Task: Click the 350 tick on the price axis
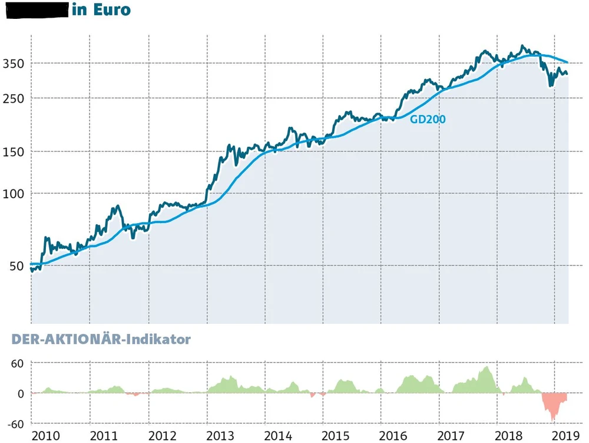pyautogui.click(x=14, y=63)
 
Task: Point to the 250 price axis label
pyautogui.click(x=14, y=98)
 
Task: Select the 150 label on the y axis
pyautogui.click(x=14, y=152)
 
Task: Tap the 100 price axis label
pyautogui.click(x=14, y=193)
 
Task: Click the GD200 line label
pyautogui.click(x=428, y=119)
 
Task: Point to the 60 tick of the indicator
pyautogui.click(x=17, y=363)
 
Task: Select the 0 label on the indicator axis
pyautogui.click(x=20, y=393)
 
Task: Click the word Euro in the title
pyautogui.click(x=112, y=11)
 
